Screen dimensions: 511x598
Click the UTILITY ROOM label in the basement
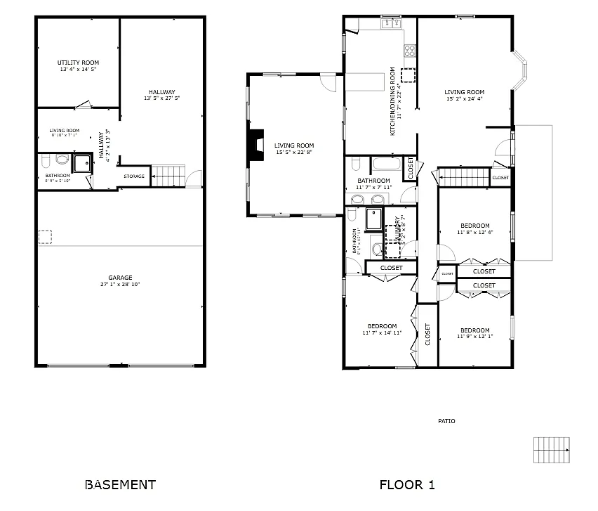pos(77,63)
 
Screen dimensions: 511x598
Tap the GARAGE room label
pos(119,277)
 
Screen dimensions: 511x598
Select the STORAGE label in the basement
pos(134,176)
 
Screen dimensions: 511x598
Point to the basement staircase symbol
pos(168,175)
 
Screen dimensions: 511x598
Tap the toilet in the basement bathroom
pos(62,160)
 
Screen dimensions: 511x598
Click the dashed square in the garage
pos(46,237)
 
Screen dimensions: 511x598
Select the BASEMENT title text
pos(120,484)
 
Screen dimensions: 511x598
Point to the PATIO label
pos(446,421)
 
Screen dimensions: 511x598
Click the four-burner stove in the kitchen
pos(410,50)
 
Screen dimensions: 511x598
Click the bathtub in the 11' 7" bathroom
pos(386,167)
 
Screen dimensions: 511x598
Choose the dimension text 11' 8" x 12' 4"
pos(475,233)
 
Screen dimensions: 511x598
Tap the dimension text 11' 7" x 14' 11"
pos(383,333)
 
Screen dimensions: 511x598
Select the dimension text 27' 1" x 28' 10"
pos(119,285)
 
